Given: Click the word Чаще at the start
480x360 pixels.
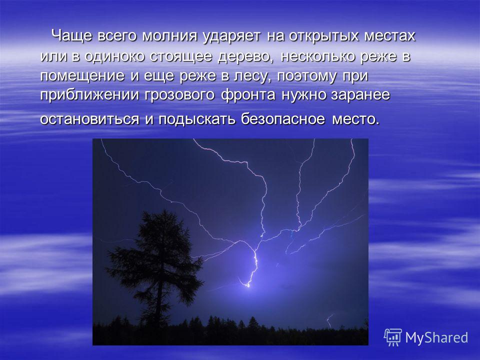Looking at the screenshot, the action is click(x=71, y=36).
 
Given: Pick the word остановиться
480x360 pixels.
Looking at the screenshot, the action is click(x=89, y=119).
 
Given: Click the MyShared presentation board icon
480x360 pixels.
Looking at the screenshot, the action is click(x=393, y=337).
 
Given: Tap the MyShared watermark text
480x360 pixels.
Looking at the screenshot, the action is click(x=436, y=337).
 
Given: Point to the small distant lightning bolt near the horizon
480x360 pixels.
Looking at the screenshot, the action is click(x=329, y=321).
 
